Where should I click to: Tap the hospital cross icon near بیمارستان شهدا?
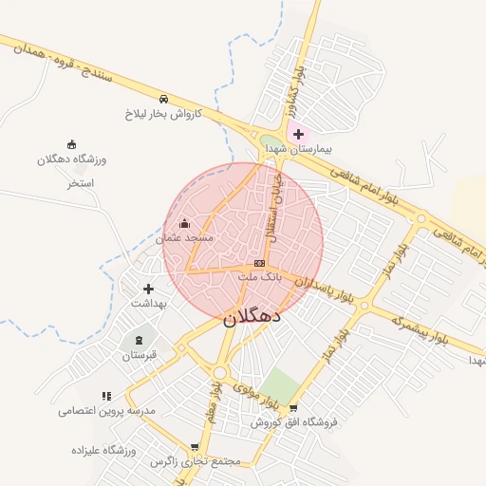point(298,134)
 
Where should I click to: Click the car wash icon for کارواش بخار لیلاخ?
point(163,99)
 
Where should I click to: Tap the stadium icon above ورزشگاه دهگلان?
point(72,143)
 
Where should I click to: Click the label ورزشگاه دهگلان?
point(72,159)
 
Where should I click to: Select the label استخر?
point(81,182)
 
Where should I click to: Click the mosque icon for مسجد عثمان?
point(183,223)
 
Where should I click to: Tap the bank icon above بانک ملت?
point(259,263)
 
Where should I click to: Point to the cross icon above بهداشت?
point(147,288)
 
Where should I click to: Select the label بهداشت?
point(147,303)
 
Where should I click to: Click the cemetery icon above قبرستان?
point(140,340)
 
